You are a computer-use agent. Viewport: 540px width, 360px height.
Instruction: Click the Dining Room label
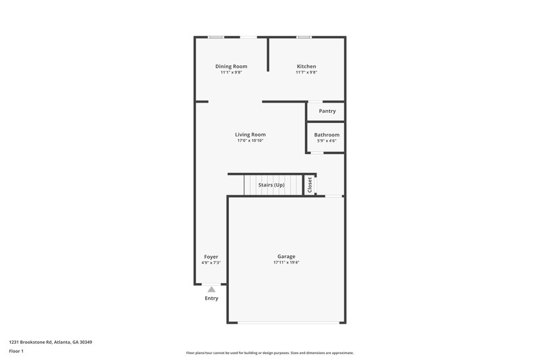(x=231, y=66)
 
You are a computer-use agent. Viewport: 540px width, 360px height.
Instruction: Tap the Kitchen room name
(x=306, y=66)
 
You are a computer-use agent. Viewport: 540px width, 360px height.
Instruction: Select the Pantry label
(x=327, y=111)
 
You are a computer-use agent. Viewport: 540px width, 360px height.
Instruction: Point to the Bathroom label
(x=327, y=134)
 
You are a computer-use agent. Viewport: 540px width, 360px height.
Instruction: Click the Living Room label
(x=250, y=134)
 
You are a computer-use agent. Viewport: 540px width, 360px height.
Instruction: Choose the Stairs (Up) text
(x=271, y=184)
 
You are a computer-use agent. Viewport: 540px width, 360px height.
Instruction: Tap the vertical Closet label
(x=310, y=184)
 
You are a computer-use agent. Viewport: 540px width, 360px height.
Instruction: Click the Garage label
(x=286, y=256)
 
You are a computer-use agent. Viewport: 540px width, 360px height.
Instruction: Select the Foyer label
(x=211, y=257)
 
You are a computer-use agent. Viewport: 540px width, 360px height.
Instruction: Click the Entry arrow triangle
(x=211, y=289)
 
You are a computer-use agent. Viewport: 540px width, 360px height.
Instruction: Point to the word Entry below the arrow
(x=211, y=298)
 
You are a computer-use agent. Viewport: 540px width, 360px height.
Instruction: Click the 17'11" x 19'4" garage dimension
(x=286, y=263)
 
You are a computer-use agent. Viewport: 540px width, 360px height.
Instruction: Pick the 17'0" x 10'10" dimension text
(x=250, y=140)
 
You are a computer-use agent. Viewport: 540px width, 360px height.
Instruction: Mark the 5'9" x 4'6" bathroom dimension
(x=327, y=140)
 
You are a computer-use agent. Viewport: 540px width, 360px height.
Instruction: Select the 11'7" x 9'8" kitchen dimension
(x=306, y=72)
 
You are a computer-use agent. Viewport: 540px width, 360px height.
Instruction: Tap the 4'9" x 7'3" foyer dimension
(x=211, y=263)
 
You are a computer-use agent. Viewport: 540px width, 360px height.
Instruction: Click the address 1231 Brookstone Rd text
(x=51, y=342)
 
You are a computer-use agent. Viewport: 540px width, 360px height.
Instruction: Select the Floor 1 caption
(x=17, y=351)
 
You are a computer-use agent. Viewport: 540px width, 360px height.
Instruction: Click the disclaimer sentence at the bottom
(x=269, y=353)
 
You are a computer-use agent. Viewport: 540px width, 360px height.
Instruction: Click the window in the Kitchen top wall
(x=304, y=36)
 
